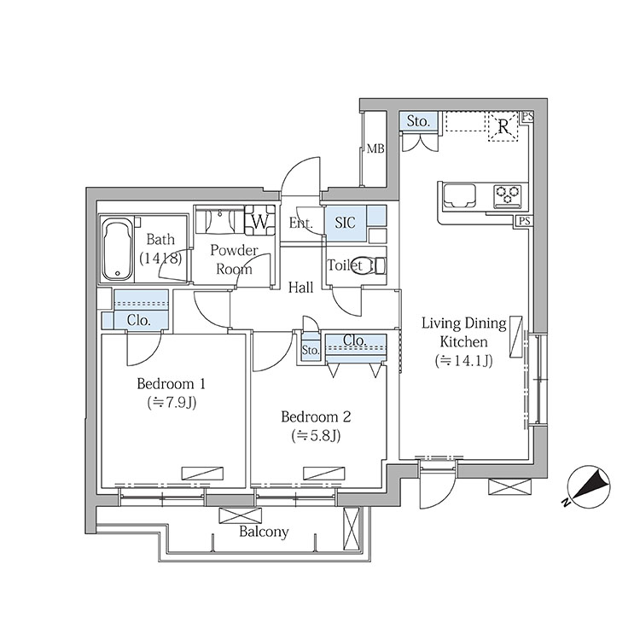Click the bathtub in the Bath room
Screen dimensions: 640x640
point(118,249)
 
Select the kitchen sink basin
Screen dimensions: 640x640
point(460,196)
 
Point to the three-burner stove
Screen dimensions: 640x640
point(508,195)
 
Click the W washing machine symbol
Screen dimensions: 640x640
point(259,221)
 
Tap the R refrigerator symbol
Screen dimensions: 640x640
point(503,126)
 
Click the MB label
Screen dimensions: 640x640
point(375,149)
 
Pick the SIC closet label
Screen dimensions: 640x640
point(345,223)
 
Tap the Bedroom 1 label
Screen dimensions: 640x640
point(171,384)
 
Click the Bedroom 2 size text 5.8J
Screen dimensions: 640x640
point(316,436)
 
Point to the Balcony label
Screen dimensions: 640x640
point(264,532)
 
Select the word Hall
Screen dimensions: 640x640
point(301,288)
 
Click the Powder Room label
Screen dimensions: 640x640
point(234,259)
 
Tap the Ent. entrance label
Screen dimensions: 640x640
point(301,223)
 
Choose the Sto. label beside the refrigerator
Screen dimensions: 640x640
point(418,121)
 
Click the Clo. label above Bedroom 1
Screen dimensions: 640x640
point(139,320)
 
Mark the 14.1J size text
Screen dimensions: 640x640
point(464,361)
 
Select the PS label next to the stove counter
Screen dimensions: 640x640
point(525,221)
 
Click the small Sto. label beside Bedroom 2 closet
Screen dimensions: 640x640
point(311,350)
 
